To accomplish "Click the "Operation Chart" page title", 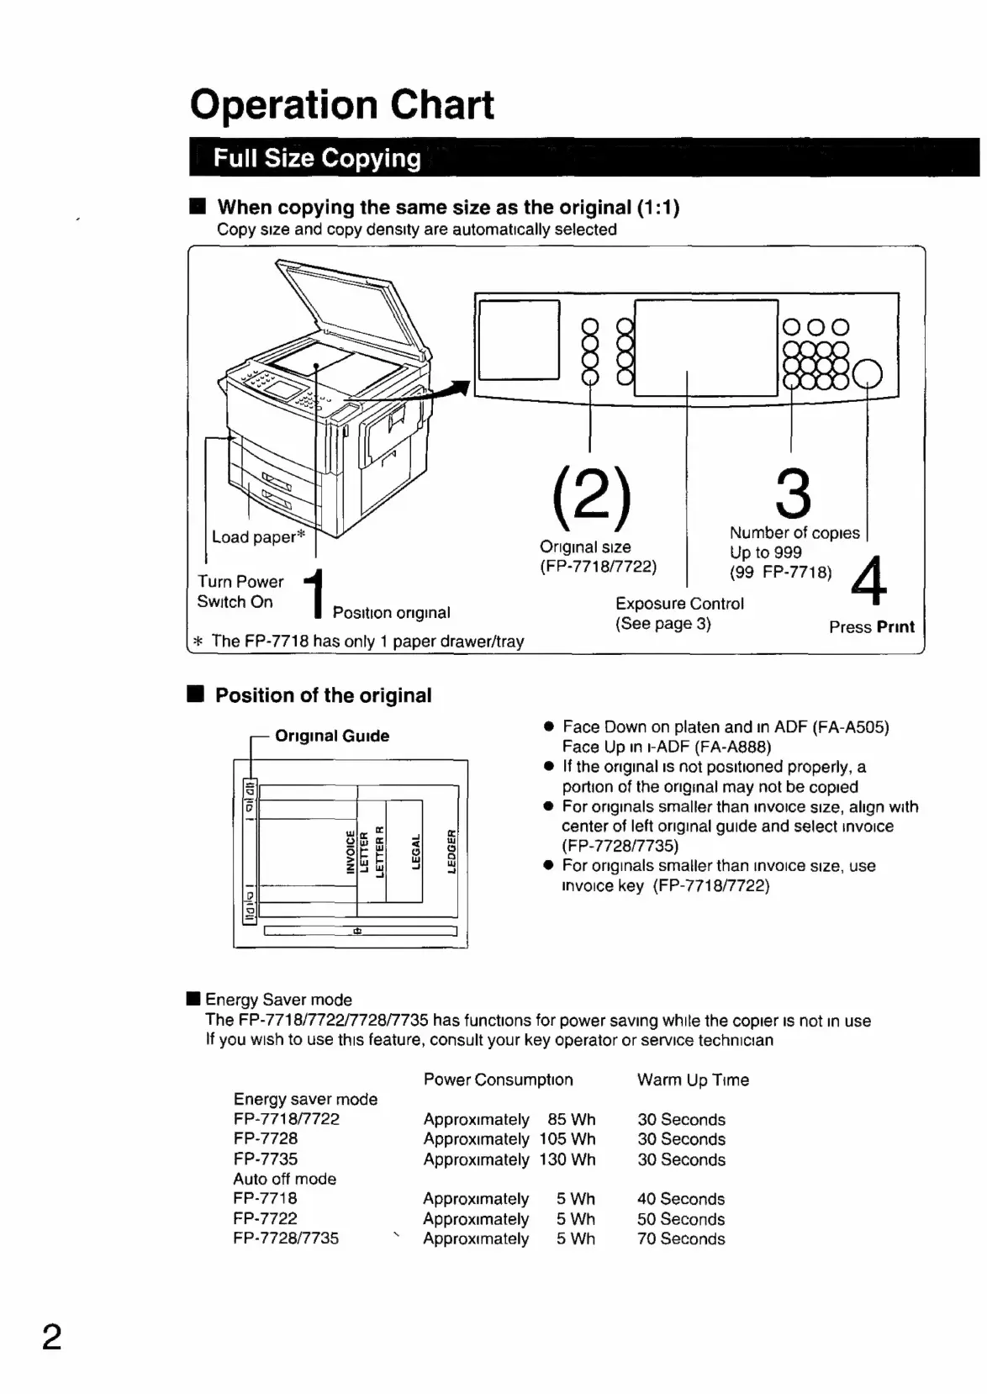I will pyautogui.click(x=342, y=105).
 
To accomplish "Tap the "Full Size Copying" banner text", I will pyautogui.click(x=317, y=158).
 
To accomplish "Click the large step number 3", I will pyautogui.click(x=793, y=495).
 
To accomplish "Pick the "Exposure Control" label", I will pyautogui.click(x=679, y=604).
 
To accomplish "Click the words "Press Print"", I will pyautogui.click(x=871, y=627).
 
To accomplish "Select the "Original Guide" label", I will pyautogui.click(x=332, y=737).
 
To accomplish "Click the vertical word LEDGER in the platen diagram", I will pyautogui.click(x=451, y=851).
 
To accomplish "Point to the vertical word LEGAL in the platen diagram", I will pyautogui.click(x=415, y=853).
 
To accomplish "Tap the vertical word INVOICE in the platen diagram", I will pyautogui.click(x=351, y=852).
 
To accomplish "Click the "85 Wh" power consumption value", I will pyautogui.click(x=571, y=1120).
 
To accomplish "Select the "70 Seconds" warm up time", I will pyautogui.click(x=681, y=1239).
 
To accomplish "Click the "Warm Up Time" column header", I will pyautogui.click(x=693, y=1080).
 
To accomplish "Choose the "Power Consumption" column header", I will pyautogui.click(x=498, y=1080).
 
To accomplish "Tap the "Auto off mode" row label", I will pyautogui.click(x=284, y=1180).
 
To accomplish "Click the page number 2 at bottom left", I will pyautogui.click(x=52, y=1337).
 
